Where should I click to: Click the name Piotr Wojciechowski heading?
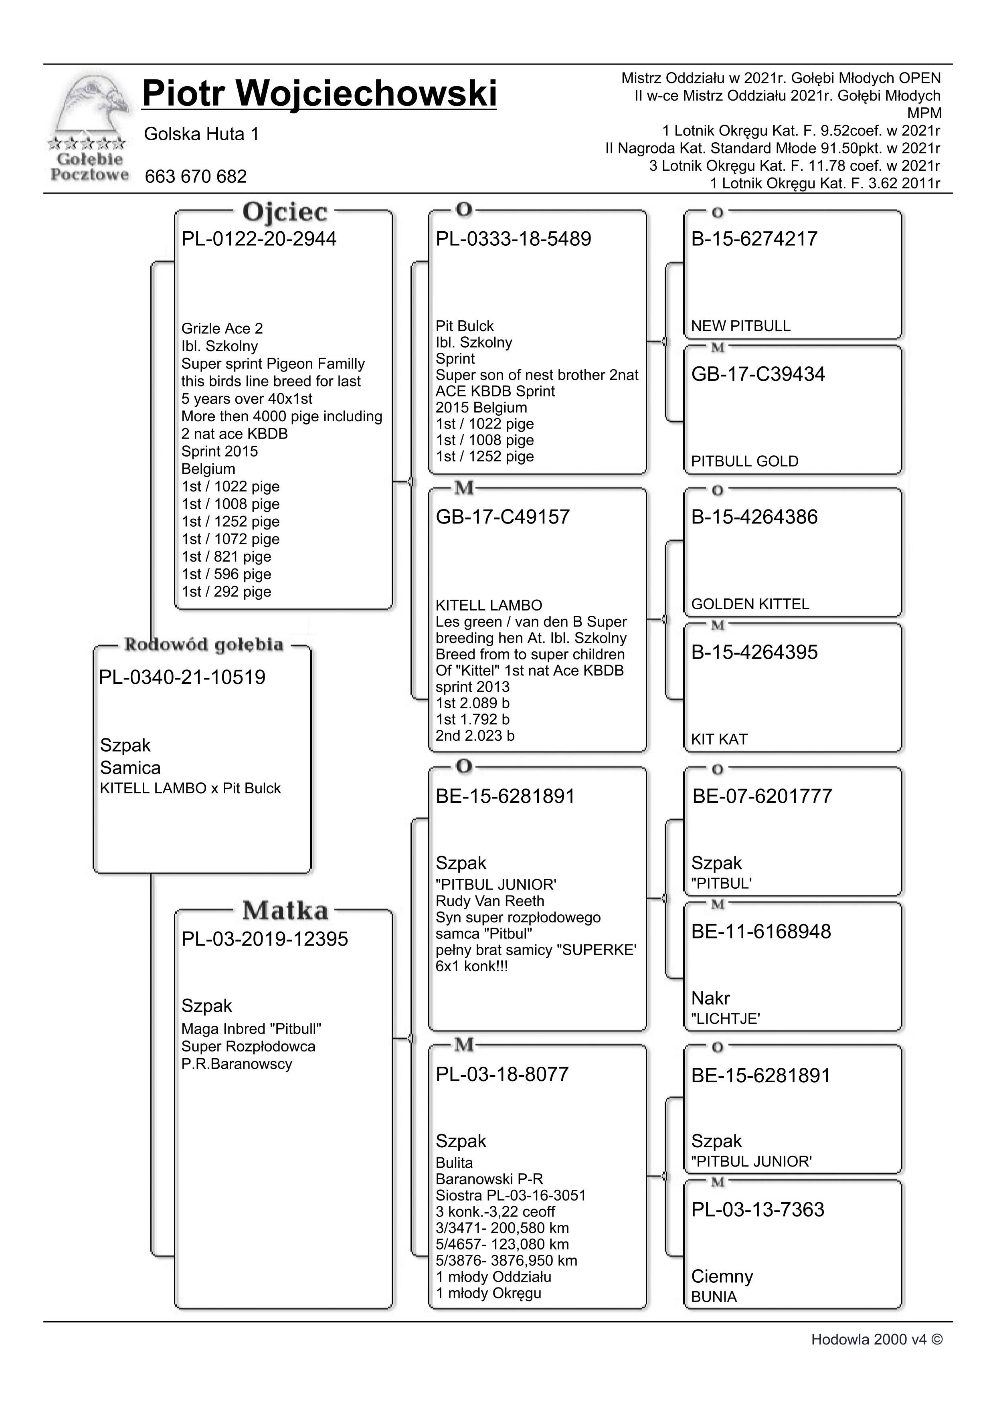tap(319, 94)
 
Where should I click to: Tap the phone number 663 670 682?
tap(196, 176)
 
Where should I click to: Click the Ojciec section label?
tap(285, 212)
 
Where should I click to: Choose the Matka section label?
tap(285, 911)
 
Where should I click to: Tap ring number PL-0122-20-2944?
tap(259, 239)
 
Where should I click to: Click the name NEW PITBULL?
tap(741, 326)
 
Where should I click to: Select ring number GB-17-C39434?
tap(758, 374)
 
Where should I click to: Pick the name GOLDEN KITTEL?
tap(750, 604)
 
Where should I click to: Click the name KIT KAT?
tap(719, 740)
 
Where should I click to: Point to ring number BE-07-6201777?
tap(762, 796)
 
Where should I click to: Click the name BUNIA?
tap(714, 1297)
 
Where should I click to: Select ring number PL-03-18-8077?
tap(502, 1074)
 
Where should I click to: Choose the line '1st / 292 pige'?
tap(226, 592)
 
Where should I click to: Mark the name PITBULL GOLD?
tap(744, 461)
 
